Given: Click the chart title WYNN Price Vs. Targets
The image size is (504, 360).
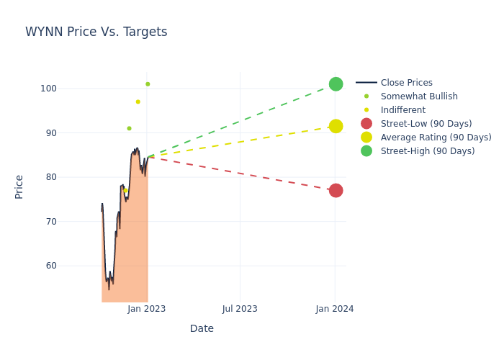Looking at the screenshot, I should pos(96,32).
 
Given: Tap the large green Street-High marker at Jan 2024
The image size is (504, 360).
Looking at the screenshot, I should pos(336,84).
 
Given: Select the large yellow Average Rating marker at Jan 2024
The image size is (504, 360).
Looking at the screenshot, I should pos(336,126).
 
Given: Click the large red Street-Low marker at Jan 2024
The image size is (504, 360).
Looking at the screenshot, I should pos(336,190).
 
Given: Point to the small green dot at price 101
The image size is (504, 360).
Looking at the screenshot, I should pos(148,84).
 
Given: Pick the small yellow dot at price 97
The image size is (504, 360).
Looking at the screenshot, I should pos(138,102).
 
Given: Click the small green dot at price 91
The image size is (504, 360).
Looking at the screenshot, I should pos(129,128).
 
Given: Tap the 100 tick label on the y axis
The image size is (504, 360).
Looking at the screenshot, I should pos(68,89).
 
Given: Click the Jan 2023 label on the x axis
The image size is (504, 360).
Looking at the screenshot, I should pos(147,309).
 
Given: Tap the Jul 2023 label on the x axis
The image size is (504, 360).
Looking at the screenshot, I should pos(240,309).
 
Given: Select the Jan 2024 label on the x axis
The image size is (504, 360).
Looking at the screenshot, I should pos(335,309).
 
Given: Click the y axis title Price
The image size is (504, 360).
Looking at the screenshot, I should pos(19,186).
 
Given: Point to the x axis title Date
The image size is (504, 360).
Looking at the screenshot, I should pos(202,329).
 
